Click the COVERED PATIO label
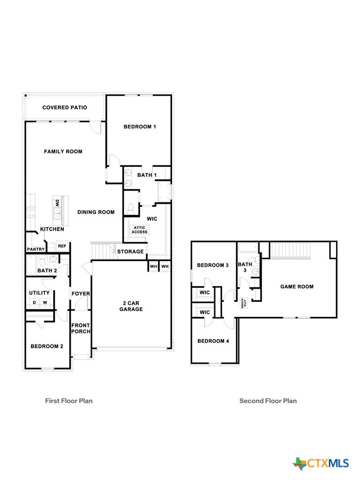pos(65,107)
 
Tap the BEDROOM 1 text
pos(140,127)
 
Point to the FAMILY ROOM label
pos(63,151)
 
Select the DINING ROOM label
pos(96,212)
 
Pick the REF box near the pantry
pos(62,246)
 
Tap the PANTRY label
pos(36,249)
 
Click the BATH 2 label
pos(47,270)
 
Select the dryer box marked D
pos(34,302)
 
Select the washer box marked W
pos(45,302)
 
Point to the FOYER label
pos(81,294)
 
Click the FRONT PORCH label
pos(81,328)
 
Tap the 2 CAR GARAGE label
pos(131,306)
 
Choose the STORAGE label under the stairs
pos(130,252)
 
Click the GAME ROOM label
pos(297,286)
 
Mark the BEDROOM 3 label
pos(213,265)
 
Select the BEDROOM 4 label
pos(213,341)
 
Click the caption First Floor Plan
pos(69,401)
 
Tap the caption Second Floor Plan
pos(268,401)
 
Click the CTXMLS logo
pos(322,464)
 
